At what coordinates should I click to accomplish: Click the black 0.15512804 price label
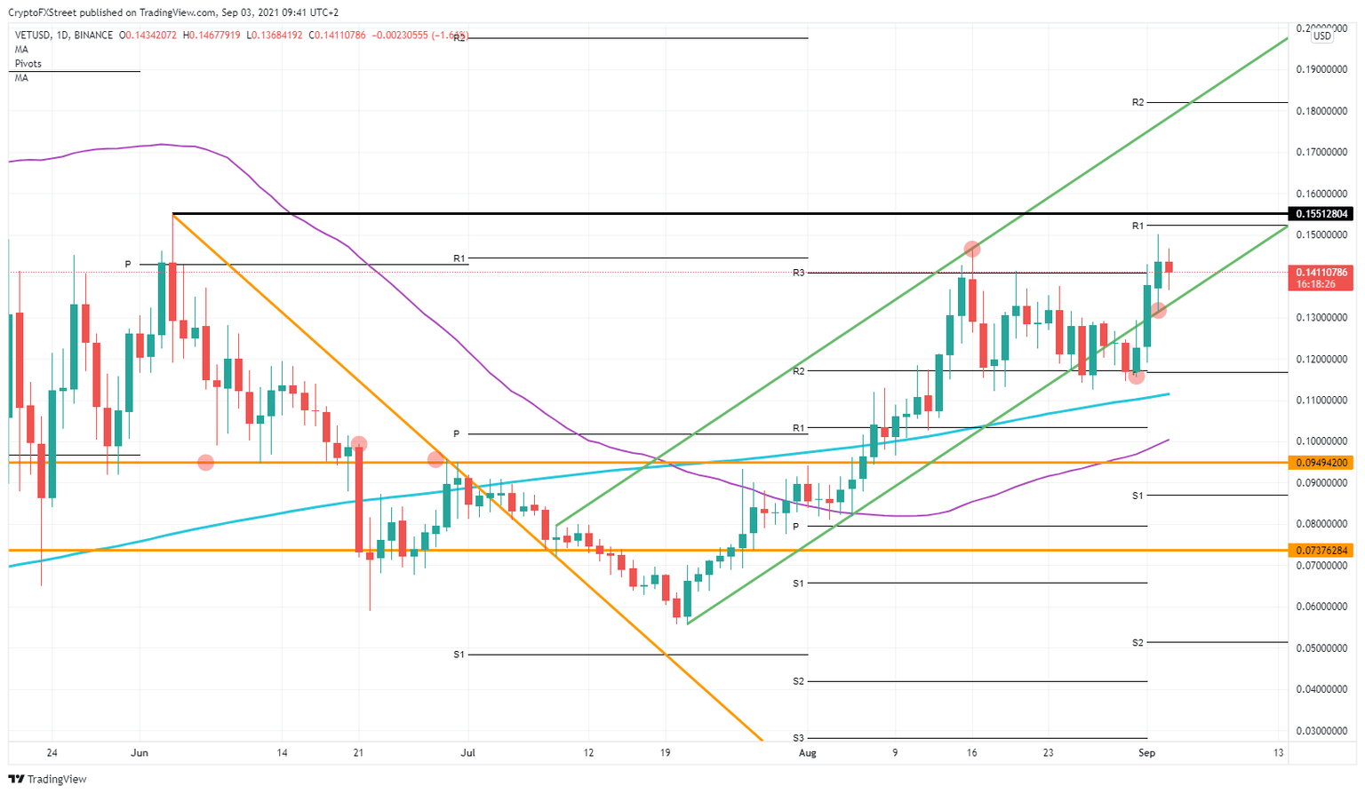tap(1322, 214)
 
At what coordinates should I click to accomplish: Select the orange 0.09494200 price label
tap(1322, 463)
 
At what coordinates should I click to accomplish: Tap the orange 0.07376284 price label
tap(1322, 551)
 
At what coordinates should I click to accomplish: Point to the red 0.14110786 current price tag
tap(1322, 273)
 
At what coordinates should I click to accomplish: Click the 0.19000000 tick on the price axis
tap(1322, 69)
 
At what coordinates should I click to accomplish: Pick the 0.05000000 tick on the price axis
tap(1322, 648)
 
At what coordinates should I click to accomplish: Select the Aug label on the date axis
tap(807, 753)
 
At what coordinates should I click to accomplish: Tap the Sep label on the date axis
tap(1146, 753)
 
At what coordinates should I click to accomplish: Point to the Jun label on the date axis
tap(140, 753)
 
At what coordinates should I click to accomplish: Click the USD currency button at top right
tap(1322, 36)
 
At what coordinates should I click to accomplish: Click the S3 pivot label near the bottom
tap(798, 738)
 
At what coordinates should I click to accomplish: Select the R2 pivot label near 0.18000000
tap(1137, 103)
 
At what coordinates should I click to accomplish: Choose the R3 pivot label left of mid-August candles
tap(798, 273)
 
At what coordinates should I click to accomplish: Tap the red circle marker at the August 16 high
tap(972, 249)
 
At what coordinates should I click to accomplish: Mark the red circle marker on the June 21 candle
tap(359, 443)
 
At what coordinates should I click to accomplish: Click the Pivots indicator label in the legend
tap(28, 64)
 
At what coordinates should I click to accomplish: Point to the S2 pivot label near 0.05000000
tap(1137, 642)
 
